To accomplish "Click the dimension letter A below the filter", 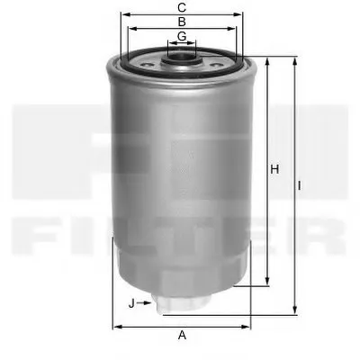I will coord(182,335).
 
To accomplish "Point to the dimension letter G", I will coord(182,36).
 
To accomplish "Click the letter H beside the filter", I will coord(276,168).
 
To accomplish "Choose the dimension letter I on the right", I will coord(301,186).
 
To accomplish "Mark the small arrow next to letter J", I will coord(146,303).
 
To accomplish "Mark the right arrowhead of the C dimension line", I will coord(241,14).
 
